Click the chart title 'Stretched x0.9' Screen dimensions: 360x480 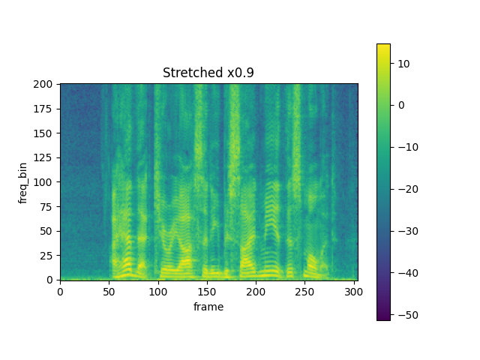coord(208,73)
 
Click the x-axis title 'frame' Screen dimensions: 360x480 coord(208,307)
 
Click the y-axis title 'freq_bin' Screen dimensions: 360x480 coord(23,181)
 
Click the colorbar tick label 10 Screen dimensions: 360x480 coord(402,64)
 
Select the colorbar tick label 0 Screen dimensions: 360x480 coord(400,105)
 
